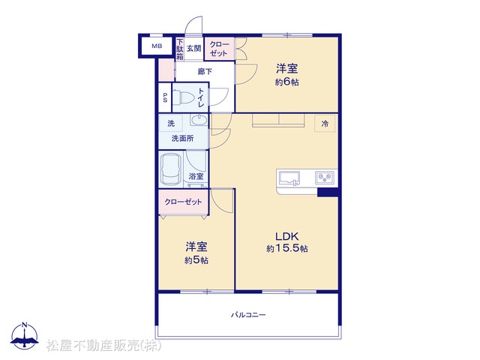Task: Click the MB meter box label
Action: [157, 46]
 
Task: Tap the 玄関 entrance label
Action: [194, 48]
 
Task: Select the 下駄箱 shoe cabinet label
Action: [180, 49]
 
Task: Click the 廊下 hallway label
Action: [205, 72]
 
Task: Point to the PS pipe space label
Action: [165, 97]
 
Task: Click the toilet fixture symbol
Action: [184, 98]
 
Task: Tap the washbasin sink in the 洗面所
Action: [199, 119]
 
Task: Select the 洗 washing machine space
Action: [171, 123]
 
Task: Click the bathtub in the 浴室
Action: [171, 169]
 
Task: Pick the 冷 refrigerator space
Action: [325, 123]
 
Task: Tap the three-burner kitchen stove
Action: [325, 178]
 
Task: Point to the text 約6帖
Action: [286, 82]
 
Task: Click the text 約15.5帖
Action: [286, 248]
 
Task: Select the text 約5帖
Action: [196, 260]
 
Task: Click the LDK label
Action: [286, 236]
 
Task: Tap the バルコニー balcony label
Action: [248, 315]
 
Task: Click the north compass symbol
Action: [25, 335]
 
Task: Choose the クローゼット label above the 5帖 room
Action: [183, 202]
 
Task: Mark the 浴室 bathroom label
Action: [196, 176]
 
